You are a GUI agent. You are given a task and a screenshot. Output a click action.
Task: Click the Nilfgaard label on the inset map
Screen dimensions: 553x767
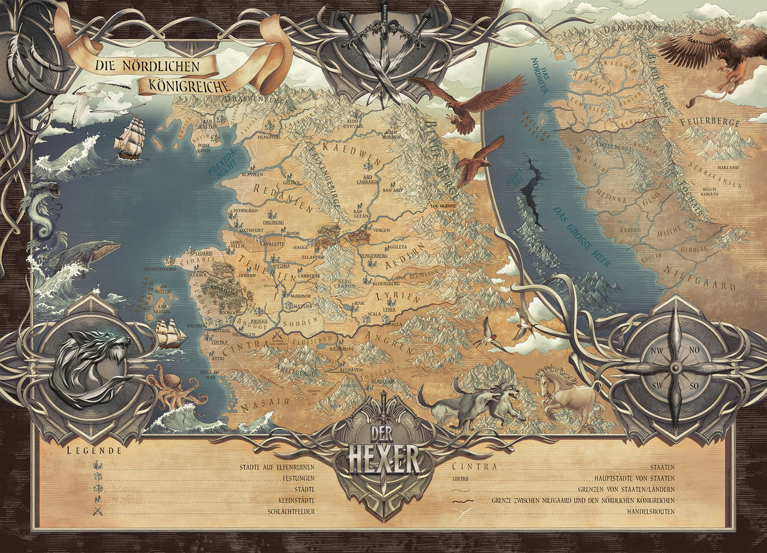tap(710, 281)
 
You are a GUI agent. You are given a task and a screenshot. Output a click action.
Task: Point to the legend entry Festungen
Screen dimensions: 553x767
tap(298, 478)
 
